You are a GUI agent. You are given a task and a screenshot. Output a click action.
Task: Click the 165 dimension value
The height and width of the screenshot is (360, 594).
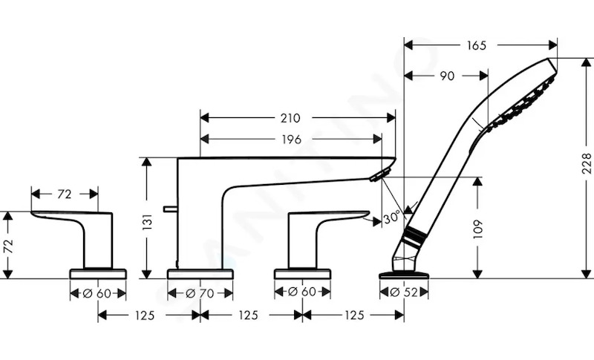[476, 45]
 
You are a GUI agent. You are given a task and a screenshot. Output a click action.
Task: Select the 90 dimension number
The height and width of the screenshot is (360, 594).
[447, 76]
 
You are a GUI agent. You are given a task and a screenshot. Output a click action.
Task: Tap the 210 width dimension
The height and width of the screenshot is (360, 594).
[290, 118]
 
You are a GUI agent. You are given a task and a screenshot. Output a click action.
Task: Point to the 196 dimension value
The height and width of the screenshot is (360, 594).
[291, 140]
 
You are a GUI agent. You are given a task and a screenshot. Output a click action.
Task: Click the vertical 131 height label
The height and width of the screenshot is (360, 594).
[147, 222]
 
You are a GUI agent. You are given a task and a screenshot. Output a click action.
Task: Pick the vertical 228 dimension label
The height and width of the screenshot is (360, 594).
[586, 163]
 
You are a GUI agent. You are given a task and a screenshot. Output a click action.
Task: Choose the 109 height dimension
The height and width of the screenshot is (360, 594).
[477, 229]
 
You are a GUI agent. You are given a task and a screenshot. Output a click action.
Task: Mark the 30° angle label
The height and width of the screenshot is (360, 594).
[391, 217]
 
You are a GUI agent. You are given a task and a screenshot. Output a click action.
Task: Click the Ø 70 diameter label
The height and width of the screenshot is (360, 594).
[200, 293]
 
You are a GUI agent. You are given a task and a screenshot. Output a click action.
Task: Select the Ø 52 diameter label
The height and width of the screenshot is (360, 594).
[404, 292]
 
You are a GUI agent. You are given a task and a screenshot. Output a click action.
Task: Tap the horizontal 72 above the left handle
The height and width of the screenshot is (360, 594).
[65, 194]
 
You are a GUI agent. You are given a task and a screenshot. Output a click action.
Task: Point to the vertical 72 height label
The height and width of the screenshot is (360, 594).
[8, 246]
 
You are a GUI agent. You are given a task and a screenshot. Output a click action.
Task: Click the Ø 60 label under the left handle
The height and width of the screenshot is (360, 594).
[98, 293]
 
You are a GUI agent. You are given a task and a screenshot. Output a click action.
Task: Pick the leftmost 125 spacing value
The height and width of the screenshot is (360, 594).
[145, 315]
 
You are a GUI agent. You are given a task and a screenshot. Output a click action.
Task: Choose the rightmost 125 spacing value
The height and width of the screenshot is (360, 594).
[355, 315]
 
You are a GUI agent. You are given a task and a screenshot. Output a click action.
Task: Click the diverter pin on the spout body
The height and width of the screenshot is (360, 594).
[171, 209]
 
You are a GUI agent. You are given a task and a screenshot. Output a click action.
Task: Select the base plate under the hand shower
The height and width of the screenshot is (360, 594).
[404, 275]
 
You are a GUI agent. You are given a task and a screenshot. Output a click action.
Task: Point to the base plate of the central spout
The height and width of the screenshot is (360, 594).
[200, 274]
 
